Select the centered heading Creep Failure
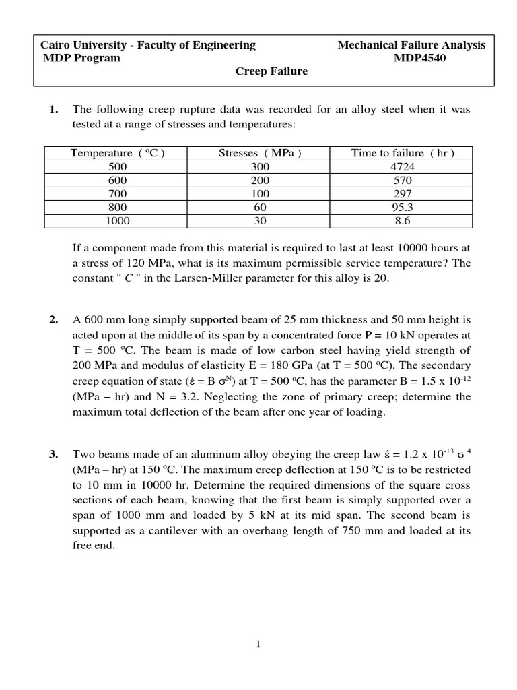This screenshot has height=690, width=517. tap(271, 71)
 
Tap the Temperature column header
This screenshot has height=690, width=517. tap(118, 153)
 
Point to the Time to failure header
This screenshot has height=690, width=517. tap(403, 153)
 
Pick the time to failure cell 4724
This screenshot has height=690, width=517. tap(403, 166)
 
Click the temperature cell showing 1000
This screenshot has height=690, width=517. tap(118, 220)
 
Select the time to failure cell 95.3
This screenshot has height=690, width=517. tap(403, 207)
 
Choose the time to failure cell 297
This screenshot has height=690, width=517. tap(403, 193)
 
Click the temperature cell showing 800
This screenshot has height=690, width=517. tap(118, 207)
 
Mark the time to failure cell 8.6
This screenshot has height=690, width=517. tap(403, 220)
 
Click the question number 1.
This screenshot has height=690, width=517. tap(53, 109)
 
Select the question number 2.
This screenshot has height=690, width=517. tap(53, 319)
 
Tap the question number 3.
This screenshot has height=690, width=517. tap(53, 454)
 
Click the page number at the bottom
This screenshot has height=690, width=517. tap(258, 644)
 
